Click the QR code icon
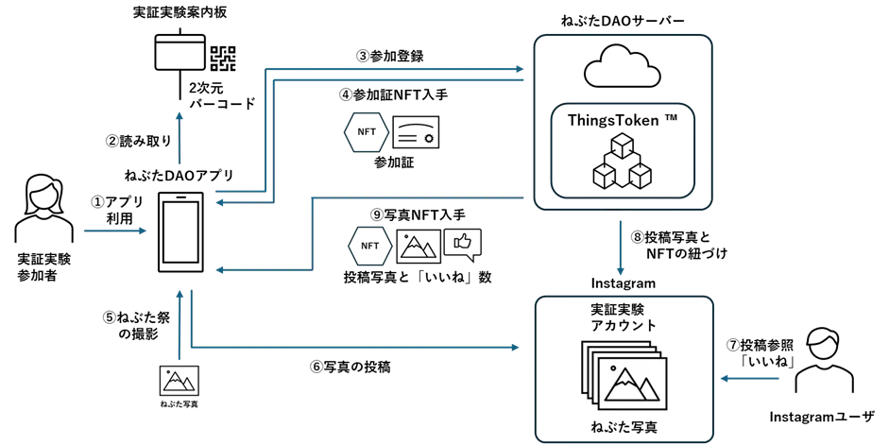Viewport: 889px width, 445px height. tap(223, 58)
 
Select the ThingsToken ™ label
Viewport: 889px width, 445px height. tap(623, 120)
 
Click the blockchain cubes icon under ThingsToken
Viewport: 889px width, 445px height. tap(622, 162)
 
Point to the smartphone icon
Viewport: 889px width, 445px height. tap(180, 232)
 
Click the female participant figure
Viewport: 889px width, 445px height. tap(43, 209)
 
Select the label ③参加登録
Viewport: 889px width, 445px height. tap(389, 56)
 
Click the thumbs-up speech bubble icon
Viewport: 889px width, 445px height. tap(463, 244)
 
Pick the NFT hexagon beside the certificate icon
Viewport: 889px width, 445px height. tap(367, 132)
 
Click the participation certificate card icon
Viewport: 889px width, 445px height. tap(416, 132)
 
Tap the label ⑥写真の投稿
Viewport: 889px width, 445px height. tap(350, 367)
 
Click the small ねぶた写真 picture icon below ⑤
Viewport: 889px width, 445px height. tap(180, 381)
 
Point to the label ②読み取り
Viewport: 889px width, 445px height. tap(139, 141)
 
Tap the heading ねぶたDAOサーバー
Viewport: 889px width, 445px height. tap(622, 22)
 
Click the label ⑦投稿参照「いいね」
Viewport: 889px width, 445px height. tap(760, 352)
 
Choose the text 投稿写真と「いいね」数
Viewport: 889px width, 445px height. tap(418, 277)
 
